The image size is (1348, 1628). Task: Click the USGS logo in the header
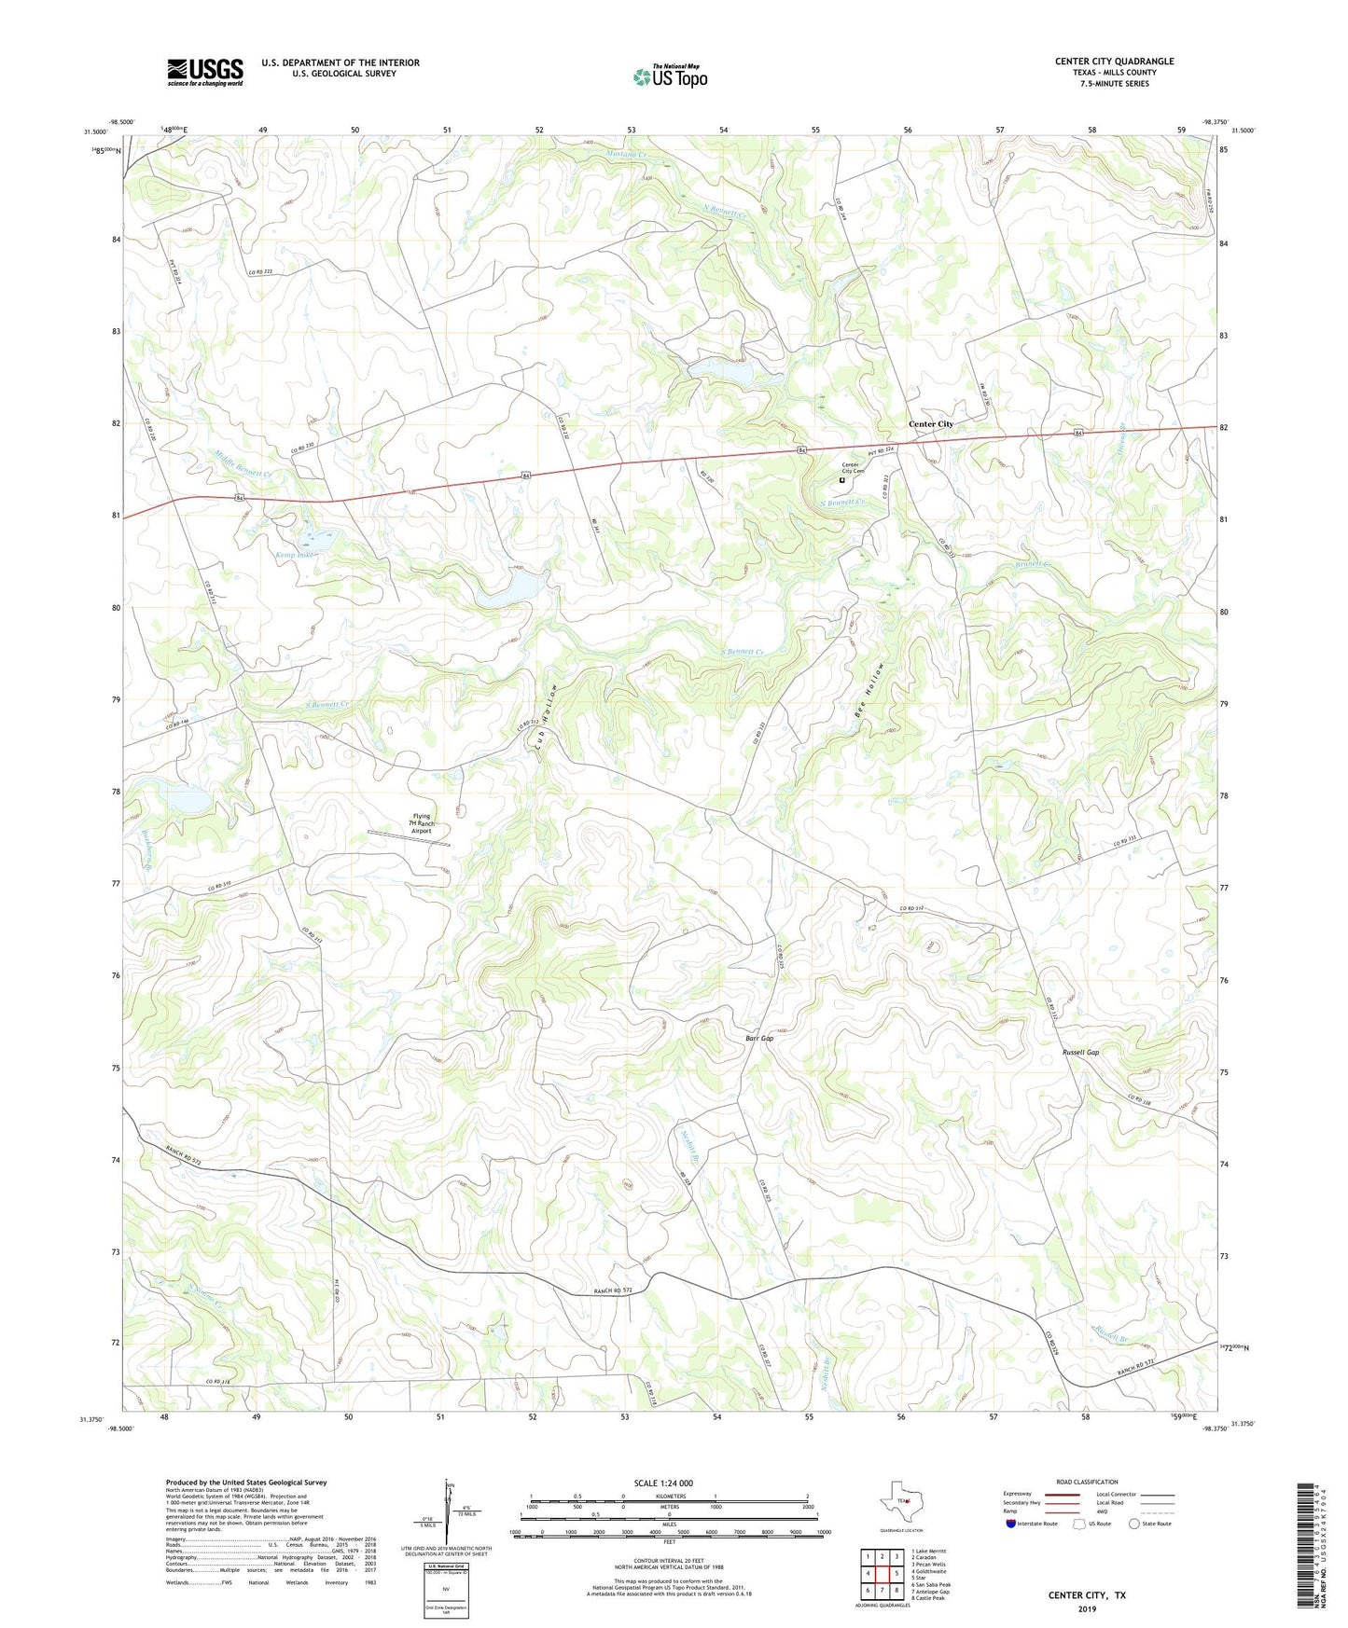(x=205, y=72)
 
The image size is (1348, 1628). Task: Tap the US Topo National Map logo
(x=670, y=76)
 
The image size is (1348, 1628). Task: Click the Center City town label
(x=931, y=424)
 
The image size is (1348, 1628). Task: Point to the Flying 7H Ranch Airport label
(x=423, y=823)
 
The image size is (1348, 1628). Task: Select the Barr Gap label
(x=759, y=1038)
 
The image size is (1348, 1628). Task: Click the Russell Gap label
(x=1080, y=1052)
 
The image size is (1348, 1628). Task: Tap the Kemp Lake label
(x=297, y=554)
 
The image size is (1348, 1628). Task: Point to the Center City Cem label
(x=853, y=468)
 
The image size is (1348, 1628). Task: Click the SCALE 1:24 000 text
(x=663, y=1483)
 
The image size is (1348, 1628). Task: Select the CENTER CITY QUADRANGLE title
(x=1114, y=62)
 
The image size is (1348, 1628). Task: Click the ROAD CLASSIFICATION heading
(x=1087, y=1482)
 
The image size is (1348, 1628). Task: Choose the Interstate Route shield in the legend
(x=1012, y=1524)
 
